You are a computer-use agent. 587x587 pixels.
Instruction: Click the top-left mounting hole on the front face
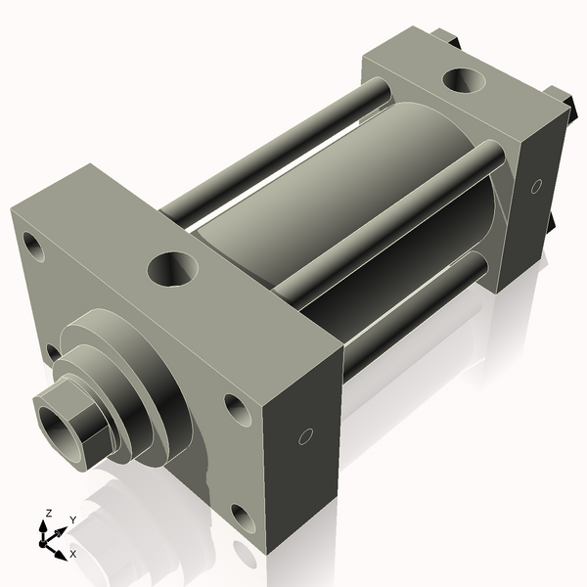[x=34, y=245]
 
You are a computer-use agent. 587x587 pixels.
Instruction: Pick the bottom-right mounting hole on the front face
[x=242, y=517]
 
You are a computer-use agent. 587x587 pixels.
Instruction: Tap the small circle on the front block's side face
[x=304, y=435]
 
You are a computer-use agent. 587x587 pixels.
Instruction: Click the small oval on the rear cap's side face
[x=536, y=185]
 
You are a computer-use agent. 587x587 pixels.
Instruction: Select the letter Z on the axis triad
[x=47, y=513]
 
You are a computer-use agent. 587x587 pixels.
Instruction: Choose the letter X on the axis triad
[x=72, y=555]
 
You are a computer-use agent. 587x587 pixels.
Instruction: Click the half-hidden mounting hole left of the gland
[x=52, y=350]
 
